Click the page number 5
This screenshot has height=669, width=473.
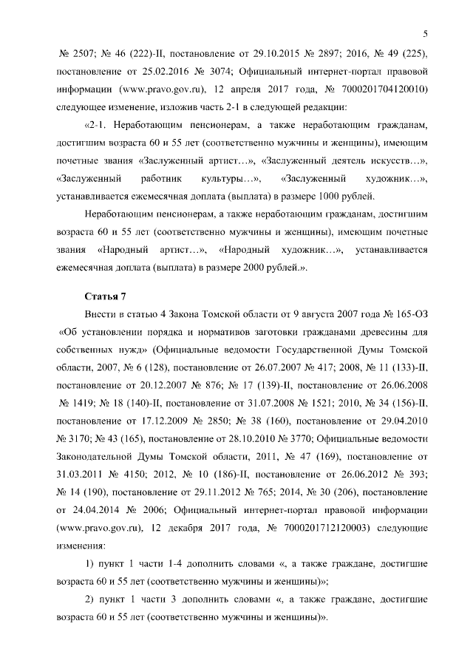pyautogui.click(x=426, y=32)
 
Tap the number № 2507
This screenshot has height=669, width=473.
pyautogui.click(x=73, y=55)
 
